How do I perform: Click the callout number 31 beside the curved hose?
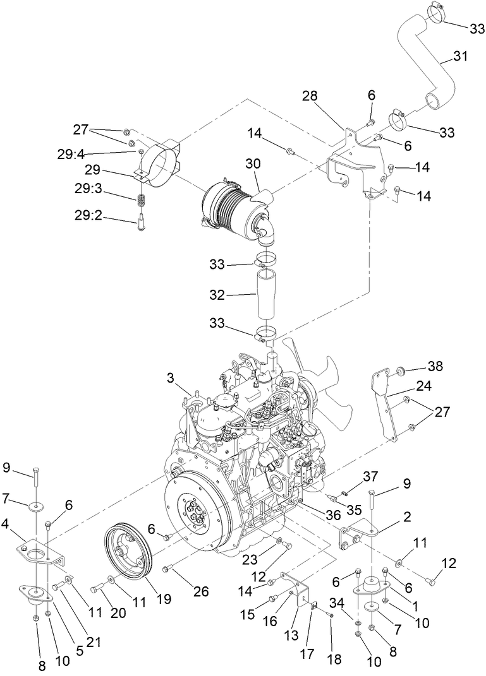[461, 57]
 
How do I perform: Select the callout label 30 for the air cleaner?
[253, 163]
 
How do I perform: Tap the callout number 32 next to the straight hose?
[221, 294]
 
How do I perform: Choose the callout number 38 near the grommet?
[435, 365]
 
